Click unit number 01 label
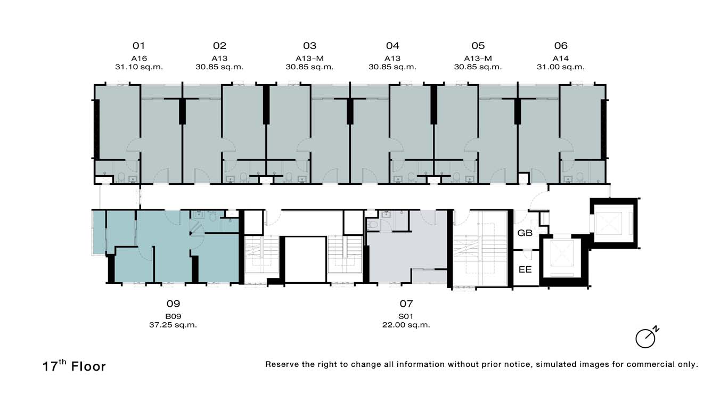tap(138, 46)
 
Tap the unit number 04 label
tap(392, 46)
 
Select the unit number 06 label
tap(561, 46)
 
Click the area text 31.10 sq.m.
tap(139, 67)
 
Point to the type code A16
tap(139, 59)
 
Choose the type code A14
tap(561, 59)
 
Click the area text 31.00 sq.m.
tap(561, 67)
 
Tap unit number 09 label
tap(173, 304)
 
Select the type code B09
tap(173, 316)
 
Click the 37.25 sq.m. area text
tap(173, 325)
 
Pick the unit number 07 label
tap(406, 304)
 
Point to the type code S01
tap(406, 316)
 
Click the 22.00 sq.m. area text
tap(406, 325)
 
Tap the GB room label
tap(525, 233)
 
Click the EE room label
tap(525, 269)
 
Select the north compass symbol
tap(647, 338)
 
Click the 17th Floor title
tap(74, 366)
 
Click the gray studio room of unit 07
tap(407, 254)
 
